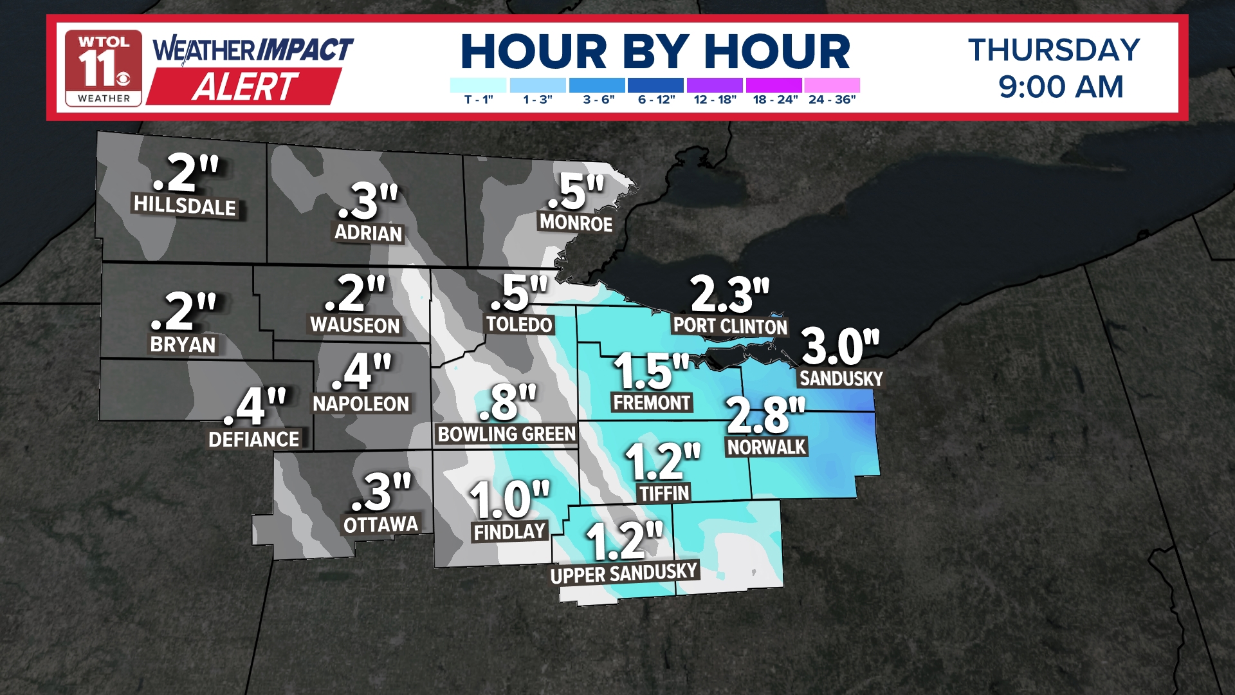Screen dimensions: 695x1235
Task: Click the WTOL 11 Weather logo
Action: pyautogui.click(x=103, y=68)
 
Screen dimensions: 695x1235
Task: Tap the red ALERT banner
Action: pyautogui.click(x=244, y=86)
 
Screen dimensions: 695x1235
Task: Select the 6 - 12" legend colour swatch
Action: pyautogui.click(x=655, y=85)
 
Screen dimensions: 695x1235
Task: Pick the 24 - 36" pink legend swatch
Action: pyautogui.click(x=832, y=85)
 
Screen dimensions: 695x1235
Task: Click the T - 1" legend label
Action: pyautogui.click(x=479, y=100)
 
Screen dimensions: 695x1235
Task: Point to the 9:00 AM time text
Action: pyautogui.click(x=1061, y=87)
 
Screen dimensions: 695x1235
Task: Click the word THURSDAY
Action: pyautogui.click(x=1054, y=50)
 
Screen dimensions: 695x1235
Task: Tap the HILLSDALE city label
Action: pyautogui.click(x=185, y=206)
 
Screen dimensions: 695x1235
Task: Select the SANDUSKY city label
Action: pyautogui.click(x=841, y=378)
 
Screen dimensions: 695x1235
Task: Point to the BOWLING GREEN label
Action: pyautogui.click(x=506, y=434)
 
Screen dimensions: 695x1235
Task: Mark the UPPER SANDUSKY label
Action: pyautogui.click(x=624, y=573)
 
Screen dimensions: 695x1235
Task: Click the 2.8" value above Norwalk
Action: pyautogui.click(x=765, y=415)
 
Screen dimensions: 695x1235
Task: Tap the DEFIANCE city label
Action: pyautogui.click(x=254, y=440)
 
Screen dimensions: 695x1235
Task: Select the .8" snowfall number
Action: pyautogui.click(x=508, y=402)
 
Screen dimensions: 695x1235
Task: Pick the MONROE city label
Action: pyautogui.click(x=576, y=223)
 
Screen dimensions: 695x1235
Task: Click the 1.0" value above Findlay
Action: pyautogui.click(x=509, y=499)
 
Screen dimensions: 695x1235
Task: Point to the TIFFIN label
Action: pyautogui.click(x=664, y=494)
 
